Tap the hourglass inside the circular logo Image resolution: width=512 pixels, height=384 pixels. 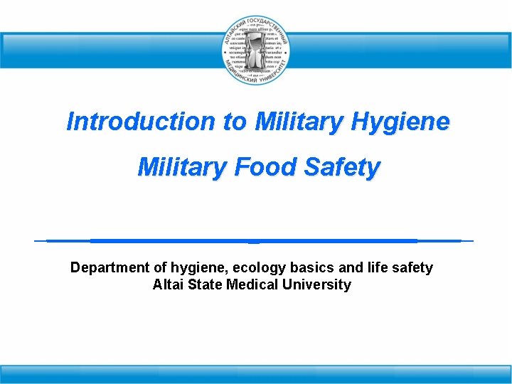pos(255,50)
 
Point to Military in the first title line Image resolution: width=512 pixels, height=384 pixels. pos(296,122)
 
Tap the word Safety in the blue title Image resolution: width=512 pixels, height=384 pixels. pos(343,168)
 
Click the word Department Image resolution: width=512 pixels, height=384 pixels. pos(110,267)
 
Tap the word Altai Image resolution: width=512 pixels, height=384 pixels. pos(168,284)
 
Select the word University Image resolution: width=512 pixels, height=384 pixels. pos(316,284)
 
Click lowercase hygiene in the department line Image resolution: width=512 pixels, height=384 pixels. pos(191,268)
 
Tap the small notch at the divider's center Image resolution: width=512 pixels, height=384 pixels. pos(254,242)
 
